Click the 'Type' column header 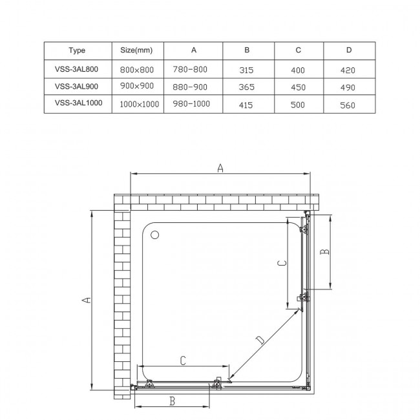click(x=76, y=50)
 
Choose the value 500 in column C click(x=298, y=103)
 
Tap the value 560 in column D click(x=350, y=103)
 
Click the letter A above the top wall click(x=220, y=168)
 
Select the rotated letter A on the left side click(x=87, y=299)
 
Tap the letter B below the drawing click(x=173, y=401)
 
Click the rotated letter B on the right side click(x=326, y=251)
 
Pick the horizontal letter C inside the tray click(x=183, y=361)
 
